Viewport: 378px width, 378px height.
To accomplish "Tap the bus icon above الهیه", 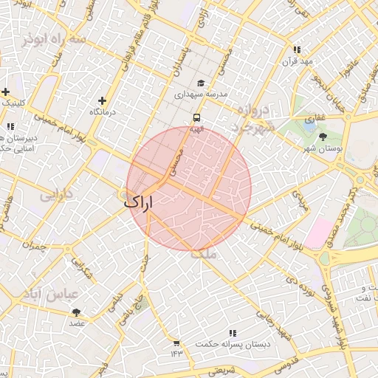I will click(x=196, y=117).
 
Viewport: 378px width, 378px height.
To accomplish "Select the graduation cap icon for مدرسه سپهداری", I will click(x=201, y=83).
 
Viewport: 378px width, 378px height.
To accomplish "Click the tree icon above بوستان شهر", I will click(x=323, y=137).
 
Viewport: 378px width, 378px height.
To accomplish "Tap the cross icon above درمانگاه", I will click(x=102, y=100).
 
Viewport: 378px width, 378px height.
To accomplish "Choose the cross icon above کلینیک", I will click(x=6, y=92).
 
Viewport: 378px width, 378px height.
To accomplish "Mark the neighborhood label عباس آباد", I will click(x=52, y=294).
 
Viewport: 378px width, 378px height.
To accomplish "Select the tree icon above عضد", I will click(x=78, y=312).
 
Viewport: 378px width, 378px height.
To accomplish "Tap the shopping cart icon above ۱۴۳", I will click(x=176, y=343).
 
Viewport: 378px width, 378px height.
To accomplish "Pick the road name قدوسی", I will click(x=284, y=362).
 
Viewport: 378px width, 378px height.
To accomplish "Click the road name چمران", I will click(x=34, y=245).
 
